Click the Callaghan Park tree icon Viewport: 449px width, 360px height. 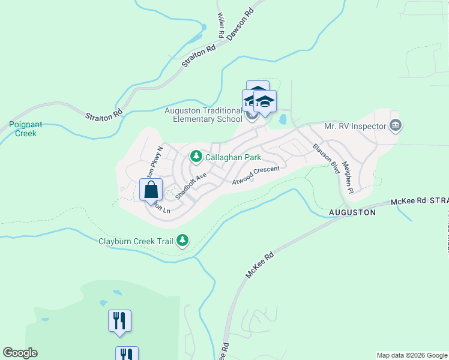(x=196, y=157)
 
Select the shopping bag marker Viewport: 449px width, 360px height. (x=151, y=190)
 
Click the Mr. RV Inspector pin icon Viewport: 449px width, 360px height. (x=396, y=125)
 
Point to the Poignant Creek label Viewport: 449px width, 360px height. (x=26, y=129)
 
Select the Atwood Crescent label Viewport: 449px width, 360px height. (x=256, y=175)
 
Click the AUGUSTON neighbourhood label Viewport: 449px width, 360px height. (x=352, y=212)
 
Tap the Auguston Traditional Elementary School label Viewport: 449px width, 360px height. (x=204, y=115)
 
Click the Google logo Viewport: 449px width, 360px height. (x=20, y=353)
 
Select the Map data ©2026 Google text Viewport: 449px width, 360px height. (x=412, y=355)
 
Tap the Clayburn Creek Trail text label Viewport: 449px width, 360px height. (x=136, y=242)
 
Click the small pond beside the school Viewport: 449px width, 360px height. (x=282, y=119)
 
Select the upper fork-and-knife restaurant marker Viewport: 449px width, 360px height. (x=119, y=320)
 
